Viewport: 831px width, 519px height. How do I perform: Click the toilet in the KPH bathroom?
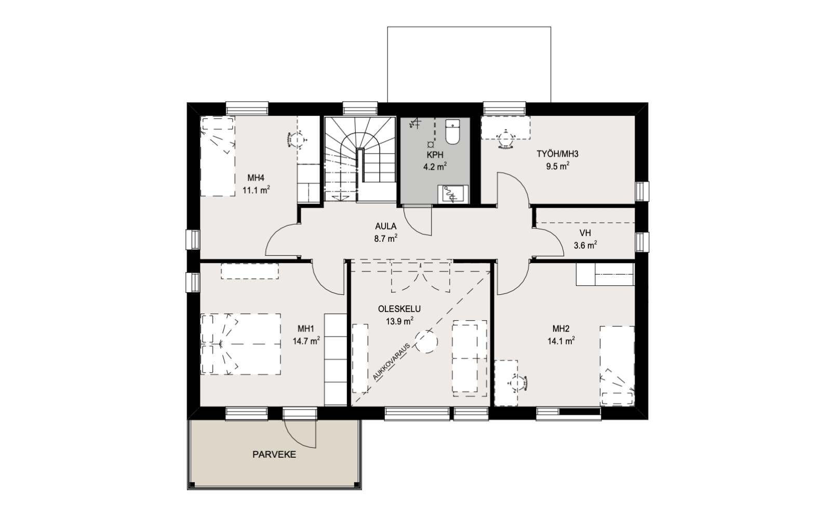(x=452, y=132)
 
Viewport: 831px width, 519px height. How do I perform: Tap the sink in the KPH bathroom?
(x=452, y=194)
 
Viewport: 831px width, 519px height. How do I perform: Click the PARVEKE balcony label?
(x=274, y=455)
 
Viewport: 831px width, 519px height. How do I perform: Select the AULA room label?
(x=386, y=226)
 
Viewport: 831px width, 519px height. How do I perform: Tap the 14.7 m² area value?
(x=306, y=340)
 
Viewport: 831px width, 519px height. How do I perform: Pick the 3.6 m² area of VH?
(x=585, y=245)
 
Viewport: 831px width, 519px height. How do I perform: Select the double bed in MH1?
(x=240, y=344)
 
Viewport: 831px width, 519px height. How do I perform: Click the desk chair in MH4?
(x=296, y=140)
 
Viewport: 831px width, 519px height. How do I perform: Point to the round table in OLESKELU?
(x=426, y=340)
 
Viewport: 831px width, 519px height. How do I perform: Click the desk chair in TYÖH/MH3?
(x=506, y=140)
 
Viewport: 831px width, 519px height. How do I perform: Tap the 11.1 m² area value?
(x=256, y=190)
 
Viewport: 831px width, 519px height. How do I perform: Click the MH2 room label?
(x=561, y=329)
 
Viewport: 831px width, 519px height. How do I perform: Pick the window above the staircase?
(x=360, y=108)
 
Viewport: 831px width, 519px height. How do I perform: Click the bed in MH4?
(x=218, y=156)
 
